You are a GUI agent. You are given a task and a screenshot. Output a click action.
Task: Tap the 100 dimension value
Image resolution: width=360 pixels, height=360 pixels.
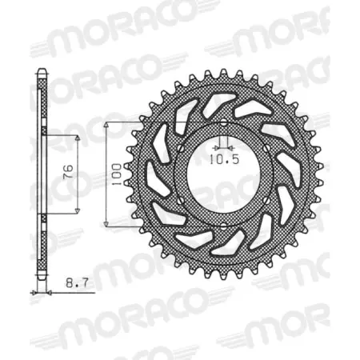click(117, 173)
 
